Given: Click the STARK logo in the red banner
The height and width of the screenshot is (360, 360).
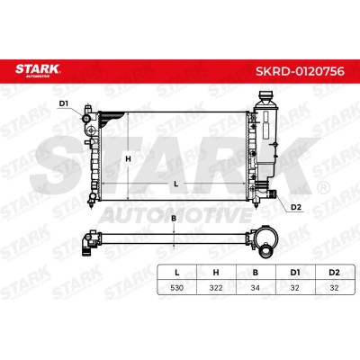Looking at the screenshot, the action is tap(38, 70).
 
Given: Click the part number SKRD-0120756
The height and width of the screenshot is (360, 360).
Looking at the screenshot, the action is tap(300, 71).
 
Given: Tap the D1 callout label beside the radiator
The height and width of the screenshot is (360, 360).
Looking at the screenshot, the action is tap(64, 103).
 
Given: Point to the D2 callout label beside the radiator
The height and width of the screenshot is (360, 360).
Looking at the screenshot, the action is tap(296, 207).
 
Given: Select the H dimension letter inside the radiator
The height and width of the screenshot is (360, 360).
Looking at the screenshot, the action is tap(128, 159).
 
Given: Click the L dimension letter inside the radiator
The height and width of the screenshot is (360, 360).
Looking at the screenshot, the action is tap(176, 184).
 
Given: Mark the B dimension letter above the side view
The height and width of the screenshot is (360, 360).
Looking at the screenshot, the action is tap(174, 219).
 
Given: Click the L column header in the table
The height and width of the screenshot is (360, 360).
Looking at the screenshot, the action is tap(177, 273).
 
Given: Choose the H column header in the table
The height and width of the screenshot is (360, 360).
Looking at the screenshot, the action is tap(216, 273).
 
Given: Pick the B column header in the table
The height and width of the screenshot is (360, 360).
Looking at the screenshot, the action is tap(256, 273).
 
